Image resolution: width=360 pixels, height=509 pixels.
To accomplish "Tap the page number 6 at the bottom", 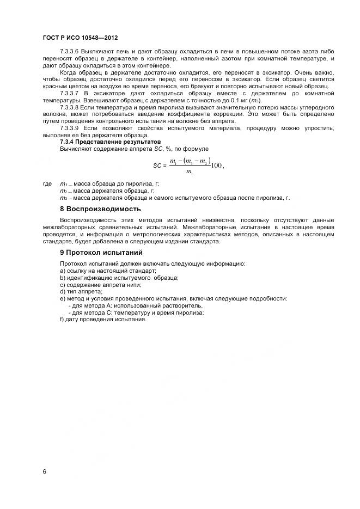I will pyautogui.click(x=44, y=471).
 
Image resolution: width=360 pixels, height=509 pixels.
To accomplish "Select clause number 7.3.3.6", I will pyautogui.click(x=72, y=50).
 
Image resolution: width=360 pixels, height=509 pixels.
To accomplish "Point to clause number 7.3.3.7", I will pyautogui.click(x=72, y=94).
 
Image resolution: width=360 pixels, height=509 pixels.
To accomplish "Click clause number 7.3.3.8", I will pyautogui.click(x=72, y=108).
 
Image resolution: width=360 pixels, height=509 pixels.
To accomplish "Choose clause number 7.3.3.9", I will pyautogui.click(x=72, y=128).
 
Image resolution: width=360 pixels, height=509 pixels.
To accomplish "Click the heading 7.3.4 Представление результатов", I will pyautogui.click(x=110, y=142).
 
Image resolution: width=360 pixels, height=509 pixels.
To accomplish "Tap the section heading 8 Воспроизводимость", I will pyautogui.click(x=100, y=208).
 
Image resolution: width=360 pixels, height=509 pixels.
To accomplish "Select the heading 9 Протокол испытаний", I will pyautogui.click(x=101, y=253).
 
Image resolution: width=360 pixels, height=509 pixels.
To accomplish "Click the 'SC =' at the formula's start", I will pyautogui.click(x=158, y=165).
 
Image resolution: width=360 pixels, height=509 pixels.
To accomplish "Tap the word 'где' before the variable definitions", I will pyautogui.click(x=47, y=184).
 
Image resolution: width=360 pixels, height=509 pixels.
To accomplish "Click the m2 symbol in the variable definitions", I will pyautogui.click(x=63, y=191).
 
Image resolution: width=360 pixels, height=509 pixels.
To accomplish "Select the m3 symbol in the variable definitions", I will pyautogui.click(x=63, y=198).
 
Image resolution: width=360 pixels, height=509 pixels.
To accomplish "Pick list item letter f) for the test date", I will pyautogui.click(x=62, y=320).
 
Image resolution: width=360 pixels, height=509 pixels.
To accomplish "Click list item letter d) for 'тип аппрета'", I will pyautogui.click(x=63, y=292).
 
